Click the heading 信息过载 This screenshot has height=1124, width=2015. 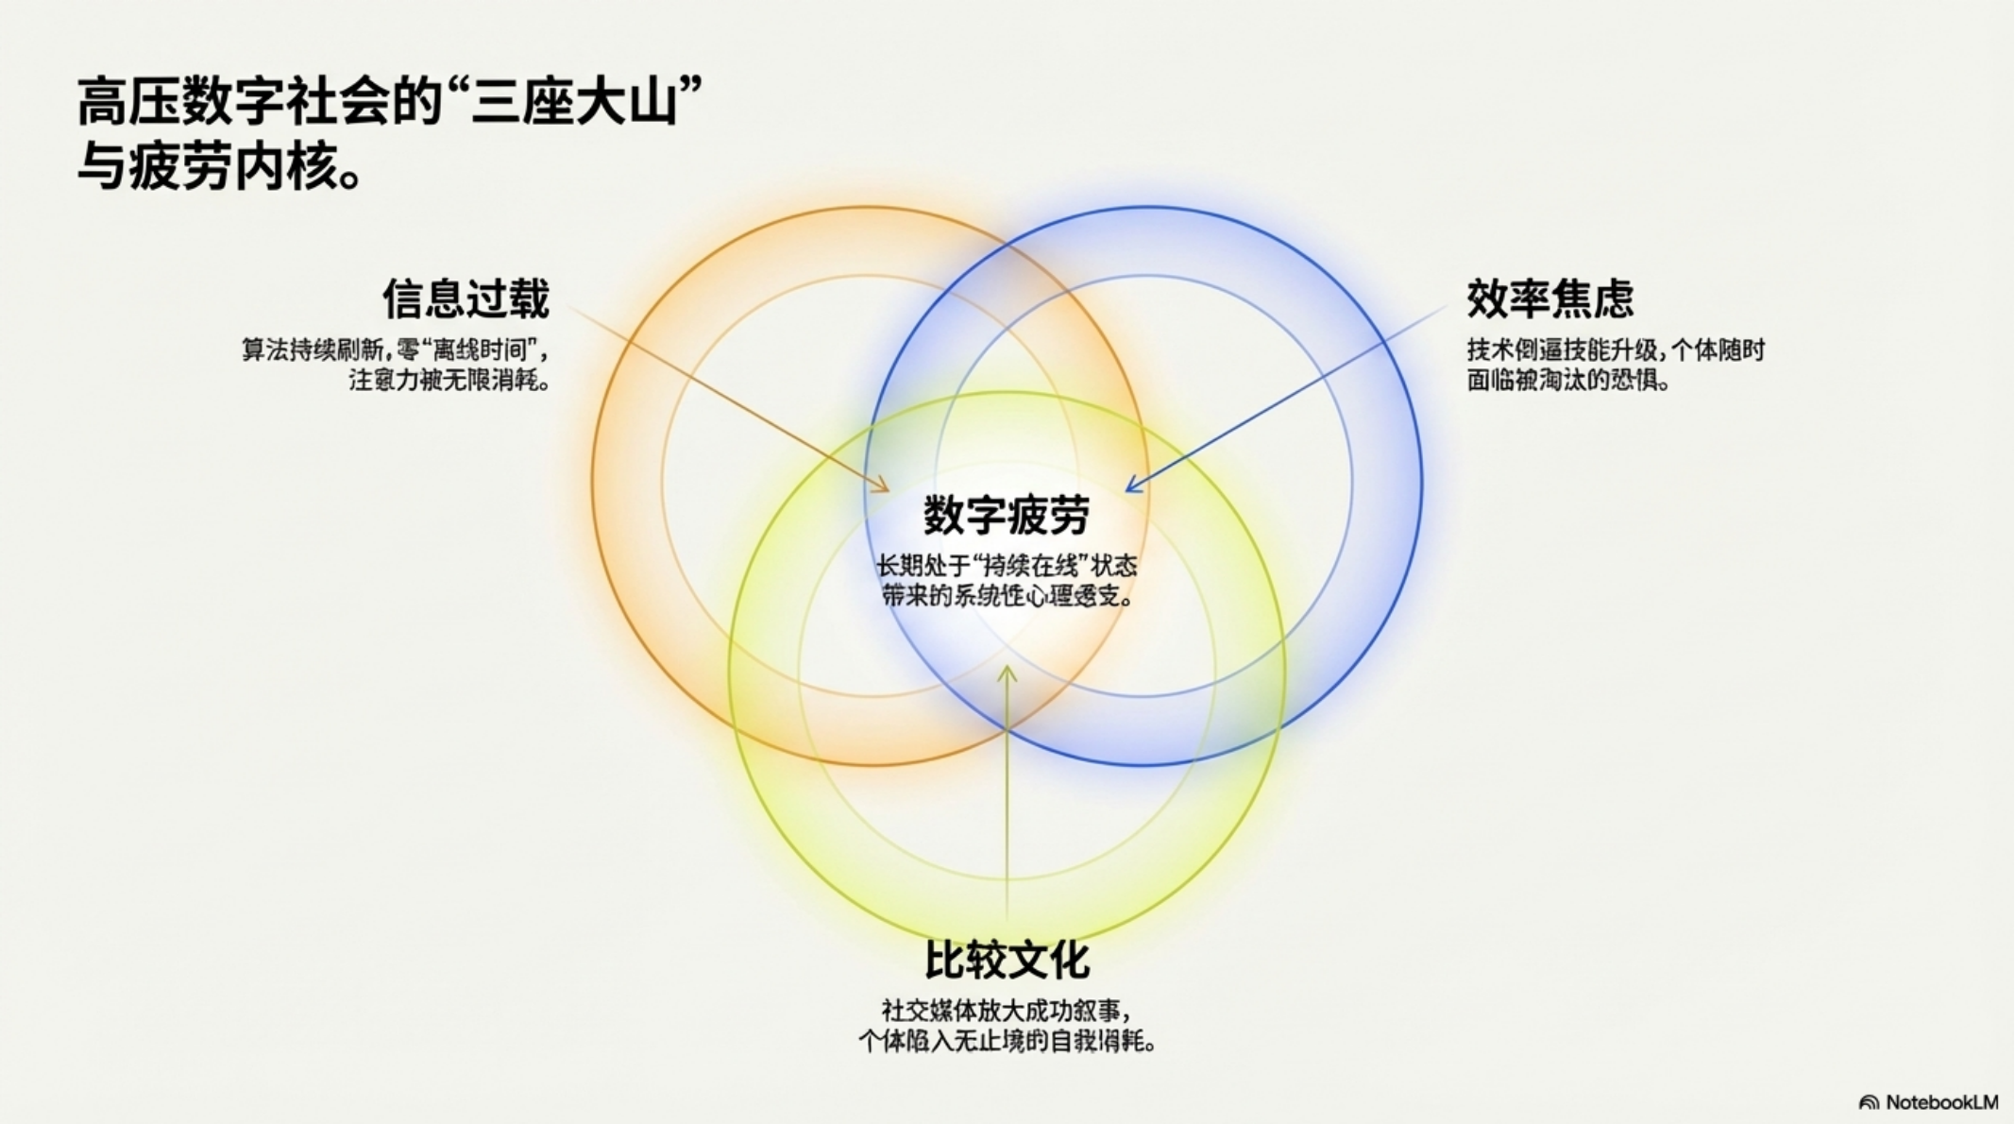466,299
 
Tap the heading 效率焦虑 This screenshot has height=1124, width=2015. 1549,299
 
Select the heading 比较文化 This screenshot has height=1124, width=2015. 1007,961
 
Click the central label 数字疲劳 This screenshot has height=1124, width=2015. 1007,515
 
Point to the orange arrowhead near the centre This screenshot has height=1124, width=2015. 882,485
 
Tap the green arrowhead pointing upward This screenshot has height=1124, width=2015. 1007,674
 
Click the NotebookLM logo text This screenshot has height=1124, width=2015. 1941,1102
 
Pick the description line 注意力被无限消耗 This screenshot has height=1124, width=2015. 449,381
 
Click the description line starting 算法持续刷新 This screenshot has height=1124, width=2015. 395,350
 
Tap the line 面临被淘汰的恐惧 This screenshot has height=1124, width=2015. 1567,381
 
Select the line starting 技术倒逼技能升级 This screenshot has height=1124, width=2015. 1615,350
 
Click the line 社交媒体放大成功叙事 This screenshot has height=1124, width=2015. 1007,1011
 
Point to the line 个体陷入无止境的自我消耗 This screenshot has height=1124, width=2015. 1007,1042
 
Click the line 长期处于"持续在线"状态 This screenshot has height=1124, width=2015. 1007,566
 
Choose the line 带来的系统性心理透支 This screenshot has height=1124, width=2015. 1007,596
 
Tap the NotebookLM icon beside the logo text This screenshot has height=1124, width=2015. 1868,1102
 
